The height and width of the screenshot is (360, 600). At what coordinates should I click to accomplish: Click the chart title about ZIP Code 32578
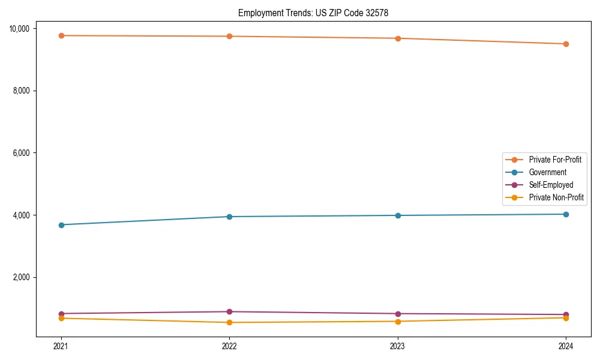313,13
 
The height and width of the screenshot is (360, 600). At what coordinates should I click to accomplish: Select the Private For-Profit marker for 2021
61,35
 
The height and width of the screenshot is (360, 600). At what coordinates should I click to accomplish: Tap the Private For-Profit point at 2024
566,44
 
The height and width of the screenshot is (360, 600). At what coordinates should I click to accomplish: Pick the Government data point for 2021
61,225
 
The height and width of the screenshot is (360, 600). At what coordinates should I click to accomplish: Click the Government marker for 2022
229,217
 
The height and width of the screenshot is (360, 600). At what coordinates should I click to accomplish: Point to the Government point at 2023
398,215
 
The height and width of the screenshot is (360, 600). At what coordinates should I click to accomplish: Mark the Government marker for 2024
566,214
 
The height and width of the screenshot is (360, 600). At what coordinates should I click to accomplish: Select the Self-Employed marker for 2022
229,311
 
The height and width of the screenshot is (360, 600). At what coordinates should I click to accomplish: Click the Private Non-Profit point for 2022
229,323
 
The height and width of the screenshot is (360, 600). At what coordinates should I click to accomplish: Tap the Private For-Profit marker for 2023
398,38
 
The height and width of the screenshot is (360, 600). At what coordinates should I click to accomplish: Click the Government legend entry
547,172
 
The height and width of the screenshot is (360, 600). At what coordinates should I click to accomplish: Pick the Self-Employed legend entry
551,185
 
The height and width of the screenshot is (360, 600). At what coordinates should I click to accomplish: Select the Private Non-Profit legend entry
556,197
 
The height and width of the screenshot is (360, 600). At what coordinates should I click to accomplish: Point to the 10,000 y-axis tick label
22,29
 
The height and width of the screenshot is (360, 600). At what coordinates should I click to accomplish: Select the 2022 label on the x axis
229,346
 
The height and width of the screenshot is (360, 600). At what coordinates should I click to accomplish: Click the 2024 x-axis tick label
566,346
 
